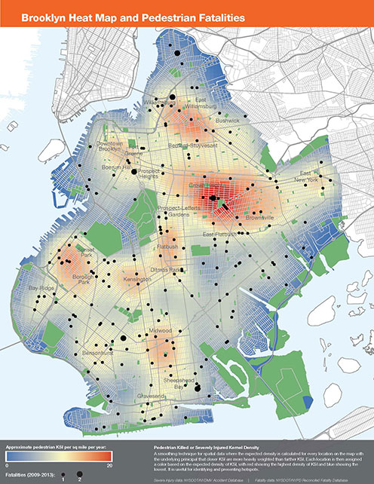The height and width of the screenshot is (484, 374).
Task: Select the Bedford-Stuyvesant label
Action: coord(189,144)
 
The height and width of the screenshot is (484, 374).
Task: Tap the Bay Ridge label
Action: coord(40,289)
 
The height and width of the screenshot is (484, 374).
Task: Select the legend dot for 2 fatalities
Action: coord(78,476)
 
